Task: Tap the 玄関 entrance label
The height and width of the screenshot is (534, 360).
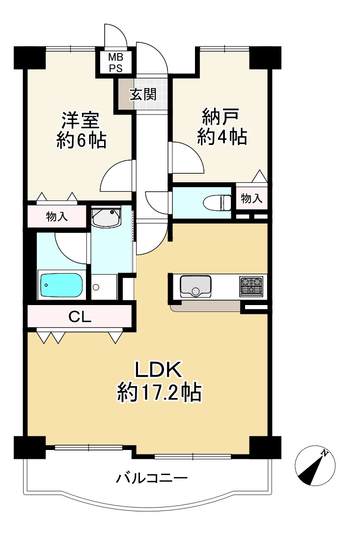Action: (143, 94)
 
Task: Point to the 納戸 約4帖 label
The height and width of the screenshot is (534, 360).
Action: (222, 126)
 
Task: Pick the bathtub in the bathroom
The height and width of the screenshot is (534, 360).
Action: (62, 285)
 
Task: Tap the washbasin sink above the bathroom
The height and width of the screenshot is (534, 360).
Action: (106, 217)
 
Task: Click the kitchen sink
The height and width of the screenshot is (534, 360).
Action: (195, 286)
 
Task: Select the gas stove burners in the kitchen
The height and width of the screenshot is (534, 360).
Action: (251, 286)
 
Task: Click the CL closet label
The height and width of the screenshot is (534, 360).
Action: (80, 317)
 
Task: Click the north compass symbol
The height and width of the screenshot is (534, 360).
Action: (315, 465)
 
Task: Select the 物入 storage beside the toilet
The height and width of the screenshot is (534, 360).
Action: (251, 198)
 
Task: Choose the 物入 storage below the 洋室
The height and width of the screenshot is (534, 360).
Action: (57, 216)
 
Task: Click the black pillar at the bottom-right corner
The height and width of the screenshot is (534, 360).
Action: (265, 447)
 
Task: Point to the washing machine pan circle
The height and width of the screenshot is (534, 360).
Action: (96, 287)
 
